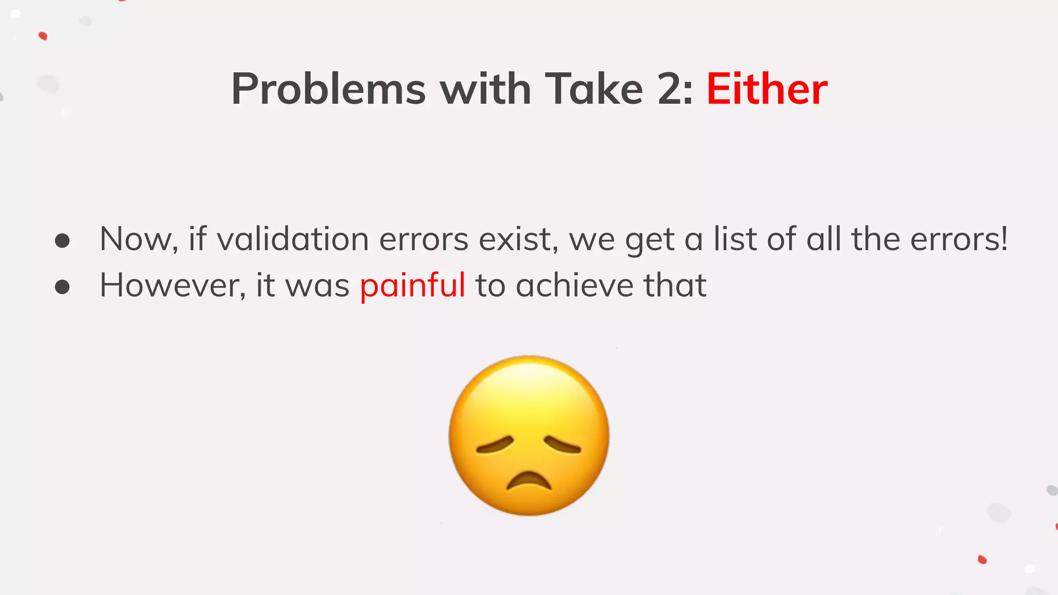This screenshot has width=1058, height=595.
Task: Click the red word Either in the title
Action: pos(767,89)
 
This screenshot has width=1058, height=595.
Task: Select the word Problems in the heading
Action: pos(329,89)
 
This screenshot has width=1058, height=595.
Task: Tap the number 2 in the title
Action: pos(670,89)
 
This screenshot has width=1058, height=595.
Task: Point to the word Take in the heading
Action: pos(594,89)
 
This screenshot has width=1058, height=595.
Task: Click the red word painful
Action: pos(412,285)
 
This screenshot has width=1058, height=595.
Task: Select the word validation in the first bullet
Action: pos(292,239)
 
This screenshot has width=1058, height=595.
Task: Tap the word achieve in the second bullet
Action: pos(574,285)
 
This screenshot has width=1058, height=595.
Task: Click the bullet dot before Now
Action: pos(63,241)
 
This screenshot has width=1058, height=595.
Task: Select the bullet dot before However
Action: pos(63,287)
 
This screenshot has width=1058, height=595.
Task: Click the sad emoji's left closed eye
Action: pos(495,445)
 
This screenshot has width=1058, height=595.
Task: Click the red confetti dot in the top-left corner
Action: pos(43,36)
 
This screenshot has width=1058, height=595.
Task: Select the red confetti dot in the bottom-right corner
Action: pos(982,559)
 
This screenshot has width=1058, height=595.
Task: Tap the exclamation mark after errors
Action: pos(1004,239)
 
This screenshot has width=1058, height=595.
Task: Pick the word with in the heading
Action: pos(485,89)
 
